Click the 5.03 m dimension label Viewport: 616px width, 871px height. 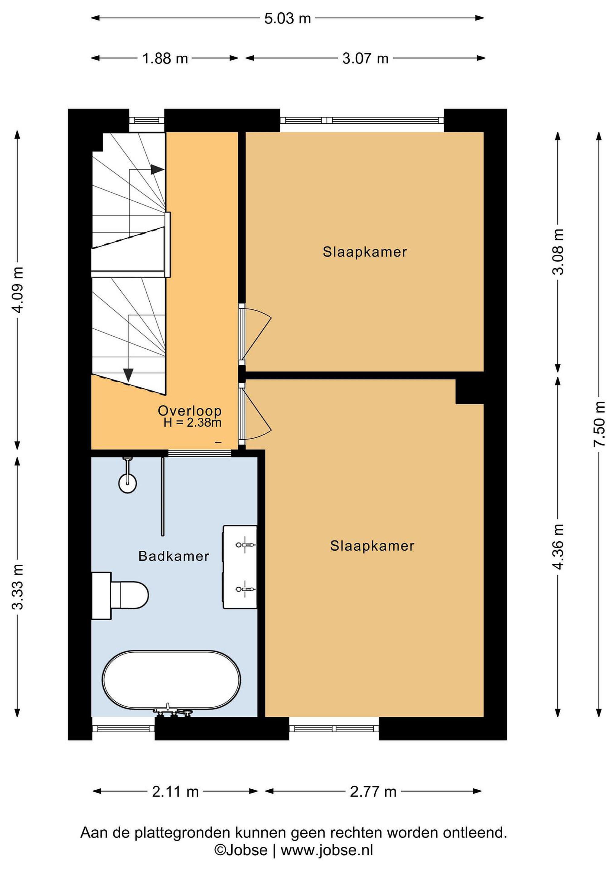pos(288,18)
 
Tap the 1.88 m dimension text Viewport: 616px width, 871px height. pos(165,58)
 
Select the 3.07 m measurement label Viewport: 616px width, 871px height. pos(365,58)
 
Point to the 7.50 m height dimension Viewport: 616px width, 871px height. pos(599,423)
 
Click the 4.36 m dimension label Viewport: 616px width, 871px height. pos(558,547)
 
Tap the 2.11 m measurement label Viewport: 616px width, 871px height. pos(175,792)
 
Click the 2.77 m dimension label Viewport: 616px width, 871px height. pos(373,792)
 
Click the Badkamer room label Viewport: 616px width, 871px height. pos(174,556)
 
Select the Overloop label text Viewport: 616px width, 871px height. pos(190,410)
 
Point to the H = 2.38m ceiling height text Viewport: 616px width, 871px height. pos(192,422)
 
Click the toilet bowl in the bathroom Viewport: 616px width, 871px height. pos(129,595)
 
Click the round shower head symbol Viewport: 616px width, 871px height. pos(128,483)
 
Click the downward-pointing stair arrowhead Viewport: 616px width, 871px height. pos(129,375)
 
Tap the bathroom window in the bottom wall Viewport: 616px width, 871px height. pos(123,728)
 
